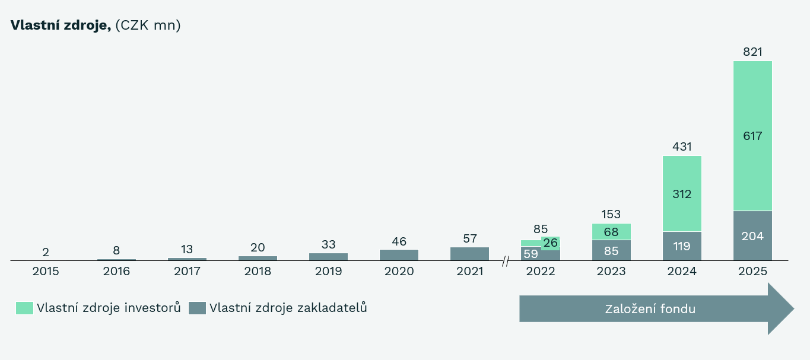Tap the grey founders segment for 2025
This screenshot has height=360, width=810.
pyautogui.click(x=752, y=235)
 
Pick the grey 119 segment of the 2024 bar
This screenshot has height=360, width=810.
pyautogui.click(x=682, y=246)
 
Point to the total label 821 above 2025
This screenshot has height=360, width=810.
pyautogui.click(x=752, y=52)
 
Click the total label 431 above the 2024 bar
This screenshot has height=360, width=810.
pyautogui.click(x=682, y=146)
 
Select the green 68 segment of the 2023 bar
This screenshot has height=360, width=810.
pyautogui.click(x=611, y=231)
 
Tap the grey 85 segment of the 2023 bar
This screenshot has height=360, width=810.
pyautogui.click(x=611, y=250)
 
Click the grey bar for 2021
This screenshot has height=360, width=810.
pyautogui.click(x=469, y=254)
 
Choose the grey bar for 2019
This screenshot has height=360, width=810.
pyautogui.click(x=328, y=257)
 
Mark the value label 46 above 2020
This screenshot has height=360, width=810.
pyautogui.click(x=399, y=241)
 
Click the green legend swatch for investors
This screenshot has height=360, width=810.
pyautogui.click(x=25, y=308)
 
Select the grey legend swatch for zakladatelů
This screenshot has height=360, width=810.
pyautogui.click(x=198, y=308)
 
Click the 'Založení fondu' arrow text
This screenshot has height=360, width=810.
pyautogui.click(x=650, y=308)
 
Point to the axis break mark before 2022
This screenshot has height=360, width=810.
pyautogui.click(x=506, y=260)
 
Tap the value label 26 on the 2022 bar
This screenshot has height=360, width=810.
pyautogui.click(x=550, y=243)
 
